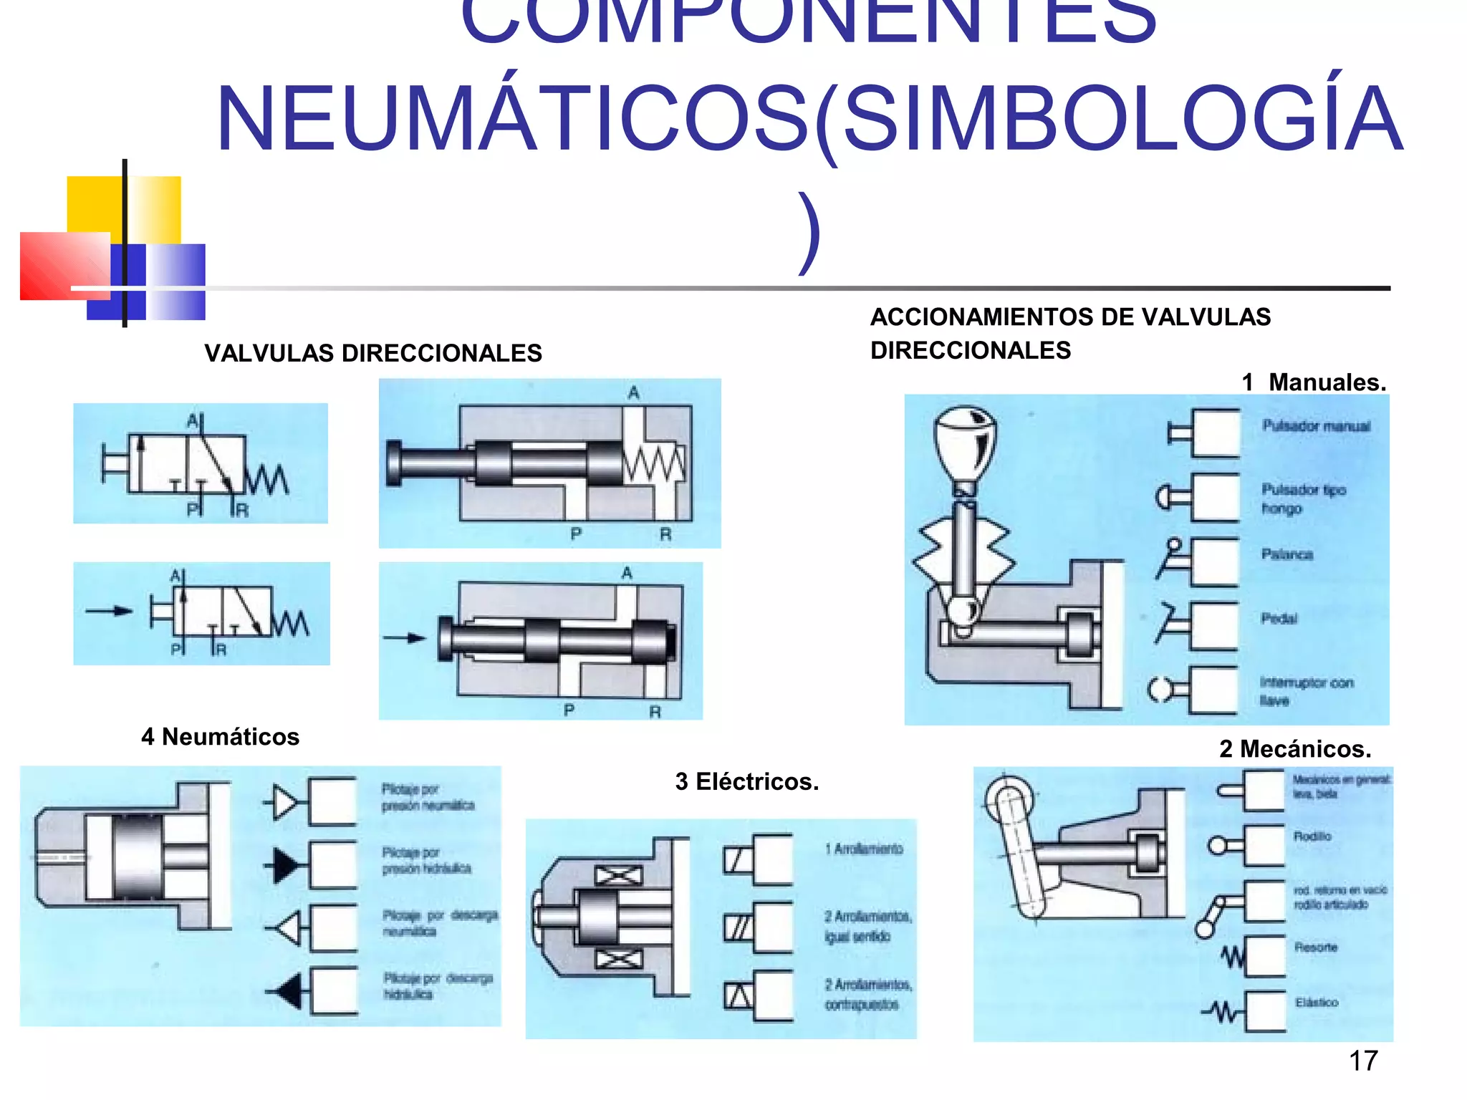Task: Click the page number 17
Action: [x=1362, y=1060]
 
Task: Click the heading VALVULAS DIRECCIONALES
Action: [x=372, y=353]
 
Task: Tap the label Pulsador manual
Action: [x=1315, y=426]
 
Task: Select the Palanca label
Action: [x=1286, y=554]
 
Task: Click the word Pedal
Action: [x=1279, y=618]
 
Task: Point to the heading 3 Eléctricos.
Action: [x=746, y=781]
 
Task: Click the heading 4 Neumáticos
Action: [x=220, y=736]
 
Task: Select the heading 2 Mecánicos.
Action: [x=1295, y=748]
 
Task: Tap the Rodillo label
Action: [x=1312, y=836]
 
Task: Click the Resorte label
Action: [x=1315, y=947]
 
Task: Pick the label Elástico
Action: [x=1316, y=1002]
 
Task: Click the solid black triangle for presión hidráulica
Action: [x=286, y=865]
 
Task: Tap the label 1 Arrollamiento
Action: [x=863, y=849]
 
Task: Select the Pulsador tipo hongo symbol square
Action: [x=1215, y=497]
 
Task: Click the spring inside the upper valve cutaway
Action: [x=653, y=465]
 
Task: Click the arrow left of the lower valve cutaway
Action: [x=405, y=637]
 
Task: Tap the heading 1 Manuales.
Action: [x=1314, y=382]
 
